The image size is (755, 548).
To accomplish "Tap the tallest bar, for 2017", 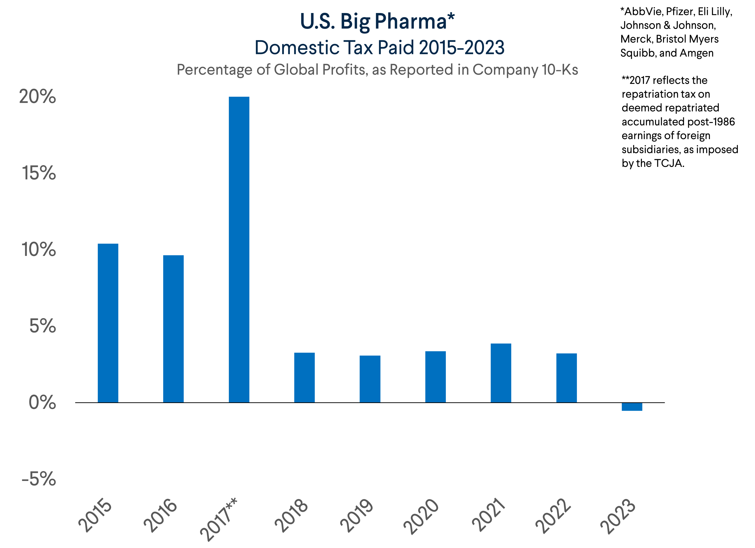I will (x=239, y=250).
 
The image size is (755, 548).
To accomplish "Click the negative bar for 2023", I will (x=632, y=407).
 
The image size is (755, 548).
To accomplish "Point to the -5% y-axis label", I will (x=39, y=479).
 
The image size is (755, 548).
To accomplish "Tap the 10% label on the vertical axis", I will (x=39, y=250).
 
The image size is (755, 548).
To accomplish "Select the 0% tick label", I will (x=42, y=403).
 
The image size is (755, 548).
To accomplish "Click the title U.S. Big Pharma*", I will (x=377, y=22).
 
